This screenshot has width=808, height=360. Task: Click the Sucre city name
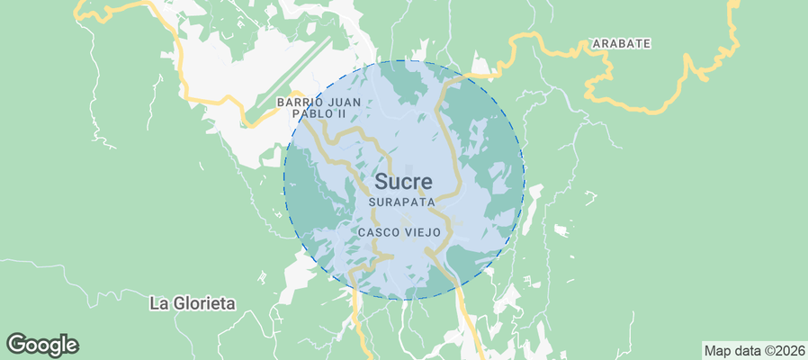[403, 182]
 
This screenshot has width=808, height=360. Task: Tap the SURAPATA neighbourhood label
[402, 203]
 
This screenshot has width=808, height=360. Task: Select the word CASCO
[378, 232]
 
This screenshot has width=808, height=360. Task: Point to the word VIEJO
[422, 232]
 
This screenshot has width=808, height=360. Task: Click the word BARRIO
[297, 103]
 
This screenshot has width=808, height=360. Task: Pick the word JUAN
[342, 103]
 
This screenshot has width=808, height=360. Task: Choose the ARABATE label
[621, 43]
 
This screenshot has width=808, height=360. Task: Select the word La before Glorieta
[159, 303]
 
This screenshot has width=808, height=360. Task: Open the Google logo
[42, 345]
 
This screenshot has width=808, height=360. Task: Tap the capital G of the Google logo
[17, 344]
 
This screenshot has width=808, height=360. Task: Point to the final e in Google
[72, 346]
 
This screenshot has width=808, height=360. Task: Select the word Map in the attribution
[718, 350]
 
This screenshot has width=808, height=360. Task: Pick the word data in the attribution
[748, 350]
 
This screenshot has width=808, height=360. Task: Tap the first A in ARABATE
[596, 43]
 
